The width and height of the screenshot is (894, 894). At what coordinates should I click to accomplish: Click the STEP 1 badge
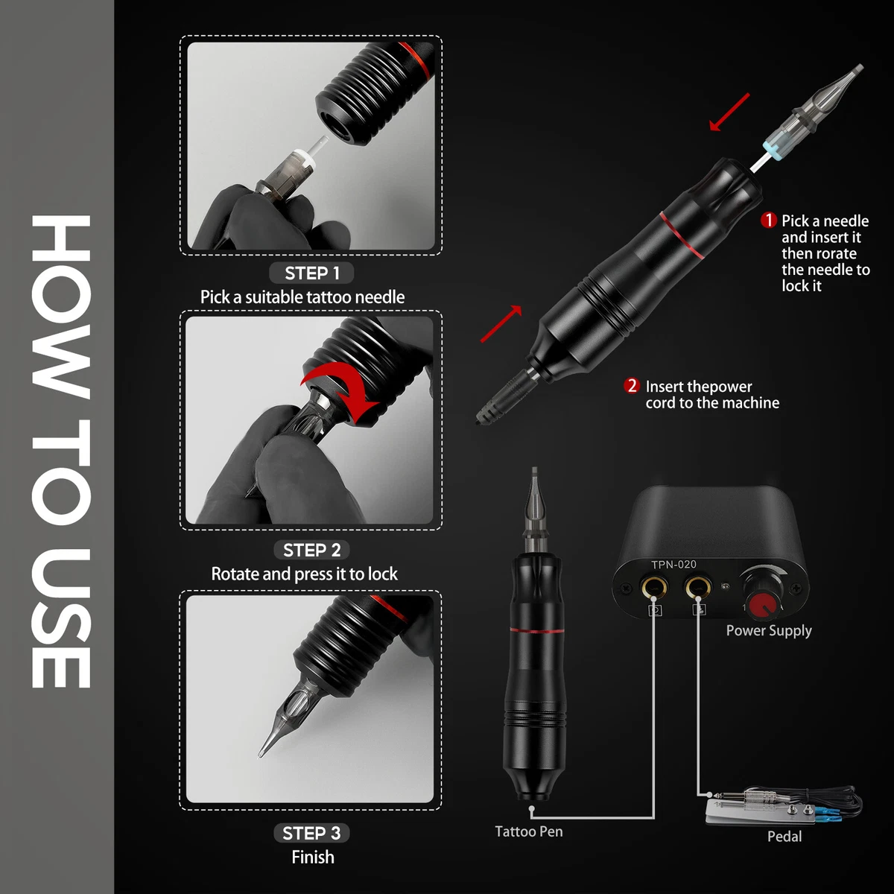(x=311, y=273)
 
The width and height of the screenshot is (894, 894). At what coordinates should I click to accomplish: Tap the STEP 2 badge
(x=311, y=551)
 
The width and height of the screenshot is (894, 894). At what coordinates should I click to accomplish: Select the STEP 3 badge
(x=311, y=833)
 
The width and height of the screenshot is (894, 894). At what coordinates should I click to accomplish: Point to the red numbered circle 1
(x=768, y=221)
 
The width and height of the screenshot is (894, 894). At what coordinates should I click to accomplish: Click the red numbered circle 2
(x=632, y=386)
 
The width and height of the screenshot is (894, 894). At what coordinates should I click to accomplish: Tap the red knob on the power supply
(x=761, y=604)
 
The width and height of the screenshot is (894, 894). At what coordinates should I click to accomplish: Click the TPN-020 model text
(x=673, y=565)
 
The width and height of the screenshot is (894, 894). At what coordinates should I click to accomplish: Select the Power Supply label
(x=768, y=630)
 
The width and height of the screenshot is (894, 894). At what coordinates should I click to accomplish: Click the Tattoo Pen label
(x=529, y=831)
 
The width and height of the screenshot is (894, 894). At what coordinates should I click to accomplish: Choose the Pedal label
(x=784, y=837)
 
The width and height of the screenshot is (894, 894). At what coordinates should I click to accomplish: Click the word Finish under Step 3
(x=313, y=857)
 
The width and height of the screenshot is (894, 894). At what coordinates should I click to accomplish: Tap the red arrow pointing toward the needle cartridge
(x=729, y=112)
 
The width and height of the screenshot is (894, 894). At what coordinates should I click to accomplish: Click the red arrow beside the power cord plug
(x=501, y=324)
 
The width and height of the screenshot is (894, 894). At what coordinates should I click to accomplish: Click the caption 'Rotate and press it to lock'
(x=304, y=574)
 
